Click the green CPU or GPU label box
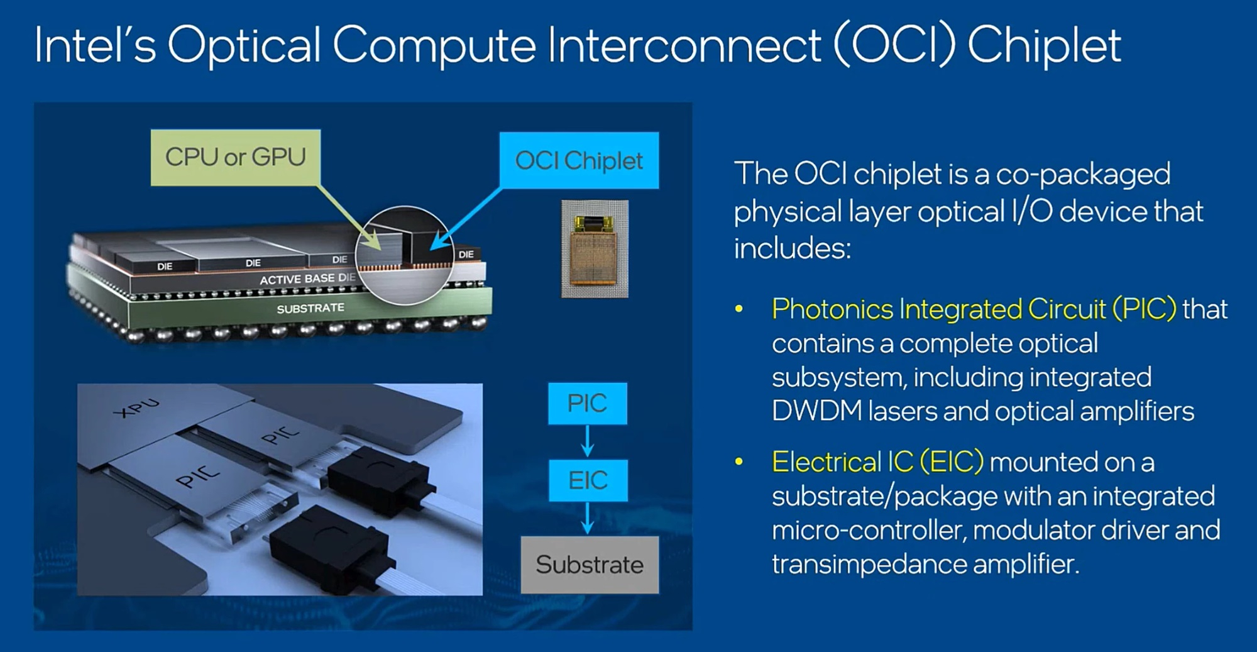(236, 158)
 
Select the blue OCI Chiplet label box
(579, 160)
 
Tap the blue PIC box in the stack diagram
(587, 403)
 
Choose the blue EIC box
(588, 480)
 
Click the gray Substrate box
(590, 565)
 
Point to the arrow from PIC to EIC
(587, 441)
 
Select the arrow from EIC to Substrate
(587, 518)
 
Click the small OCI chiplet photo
(595, 248)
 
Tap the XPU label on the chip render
(136, 408)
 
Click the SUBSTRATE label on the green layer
(310, 308)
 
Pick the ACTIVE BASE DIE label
(307, 279)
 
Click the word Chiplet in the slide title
(1044, 45)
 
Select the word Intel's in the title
(95, 45)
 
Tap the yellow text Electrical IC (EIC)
(877, 462)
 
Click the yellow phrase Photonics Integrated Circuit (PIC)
(974, 309)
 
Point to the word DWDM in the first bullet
(816, 411)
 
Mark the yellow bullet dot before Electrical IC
(739, 463)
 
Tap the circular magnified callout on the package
(405, 255)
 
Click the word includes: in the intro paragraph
(793, 248)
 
